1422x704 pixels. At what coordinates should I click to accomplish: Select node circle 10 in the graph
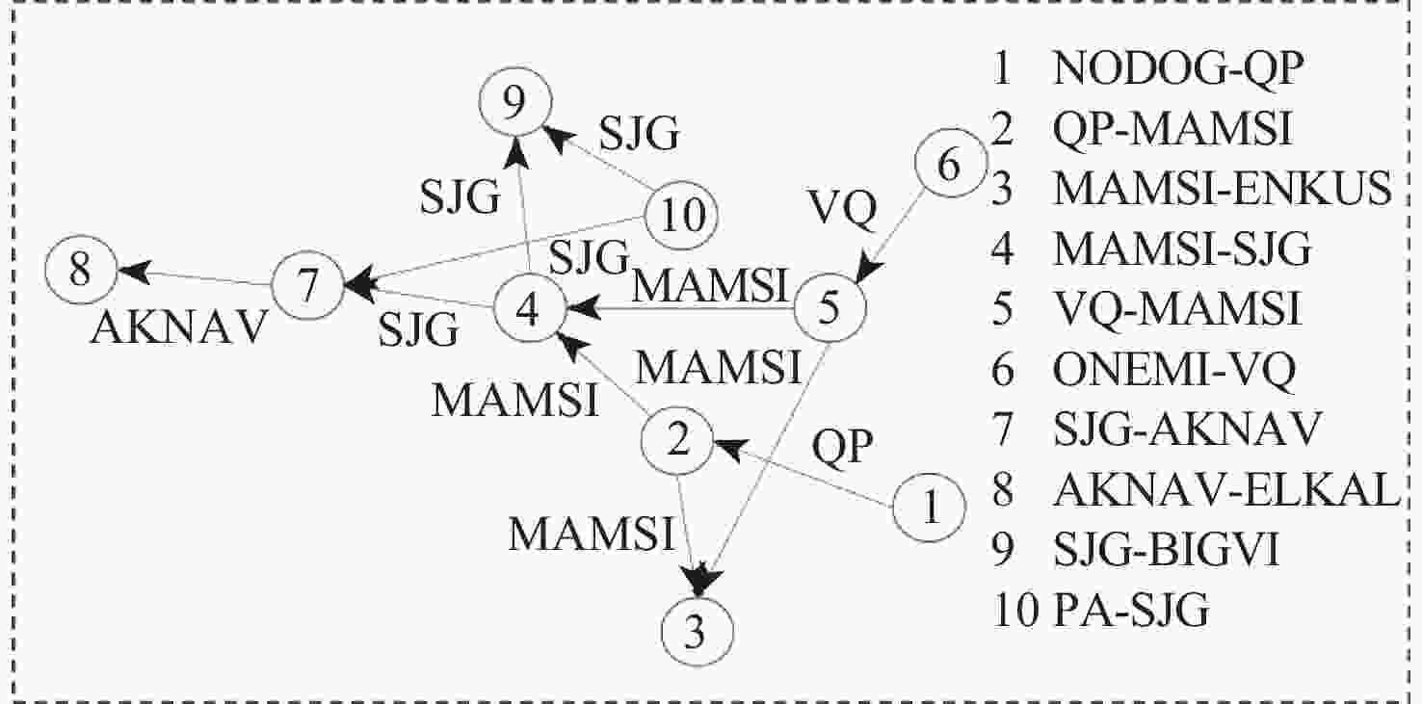pos(682,214)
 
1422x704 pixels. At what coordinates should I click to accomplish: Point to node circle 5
pos(831,306)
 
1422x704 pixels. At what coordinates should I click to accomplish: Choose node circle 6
pos(949,165)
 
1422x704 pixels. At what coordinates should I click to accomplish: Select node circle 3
pos(698,633)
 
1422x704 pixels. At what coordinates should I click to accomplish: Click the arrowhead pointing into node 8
pos(133,271)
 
